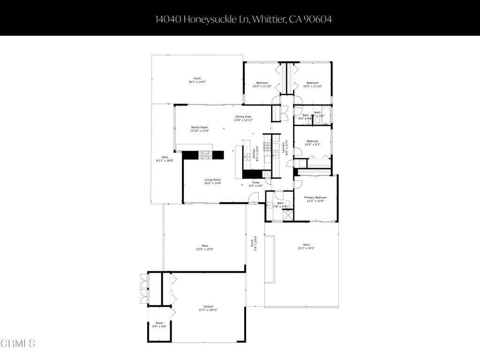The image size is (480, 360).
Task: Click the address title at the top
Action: pyautogui.click(x=240, y=19)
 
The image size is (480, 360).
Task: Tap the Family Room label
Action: pyautogui.click(x=199, y=129)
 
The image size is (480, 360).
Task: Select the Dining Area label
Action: pyautogui.click(x=243, y=118)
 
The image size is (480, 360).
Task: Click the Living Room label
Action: pyautogui.click(x=212, y=181)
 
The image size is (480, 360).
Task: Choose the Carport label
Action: pyautogui.click(x=208, y=308)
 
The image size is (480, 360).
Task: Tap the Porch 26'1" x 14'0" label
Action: pyautogui.click(x=197, y=80)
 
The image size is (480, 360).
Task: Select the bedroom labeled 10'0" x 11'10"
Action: pyautogui.click(x=262, y=84)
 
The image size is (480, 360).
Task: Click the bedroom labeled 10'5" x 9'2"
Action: pyautogui.click(x=313, y=143)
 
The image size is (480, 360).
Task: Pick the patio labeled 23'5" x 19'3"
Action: pyautogui.click(x=205, y=247)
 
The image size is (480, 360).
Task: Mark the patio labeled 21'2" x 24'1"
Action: pyautogui.click(x=306, y=246)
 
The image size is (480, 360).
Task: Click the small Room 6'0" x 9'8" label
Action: pyautogui.click(x=160, y=324)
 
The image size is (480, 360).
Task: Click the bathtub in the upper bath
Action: pyautogui.click(x=323, y=120)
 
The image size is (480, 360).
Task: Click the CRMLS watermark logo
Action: pyautogui.click(x=18, y=344)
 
